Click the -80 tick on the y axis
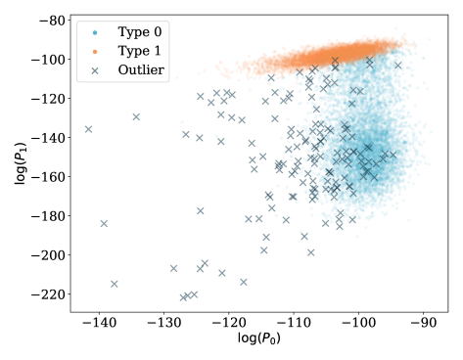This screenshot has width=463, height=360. (45, 21)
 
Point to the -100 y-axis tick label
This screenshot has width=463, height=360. (42, 60)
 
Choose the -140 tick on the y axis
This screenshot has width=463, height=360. (42, 138)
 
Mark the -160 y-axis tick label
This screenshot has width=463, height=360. (42, 177)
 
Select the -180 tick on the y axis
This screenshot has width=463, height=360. (42, 216)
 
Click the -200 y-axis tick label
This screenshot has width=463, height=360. (42, 255)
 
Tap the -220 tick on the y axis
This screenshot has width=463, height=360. (42, 294)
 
